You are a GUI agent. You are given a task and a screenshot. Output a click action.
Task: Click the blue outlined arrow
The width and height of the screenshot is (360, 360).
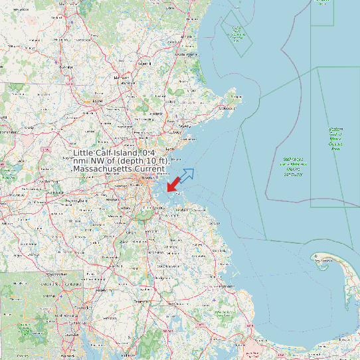(x=187, y=175)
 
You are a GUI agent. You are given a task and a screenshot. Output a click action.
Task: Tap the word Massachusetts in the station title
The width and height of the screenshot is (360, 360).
(x=103, y=170)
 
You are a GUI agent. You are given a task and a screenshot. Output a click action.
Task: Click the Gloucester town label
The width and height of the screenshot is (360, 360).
(x=227, y=108)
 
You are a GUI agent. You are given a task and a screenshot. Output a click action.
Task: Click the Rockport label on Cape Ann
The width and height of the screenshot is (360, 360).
(x=236, y=97)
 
